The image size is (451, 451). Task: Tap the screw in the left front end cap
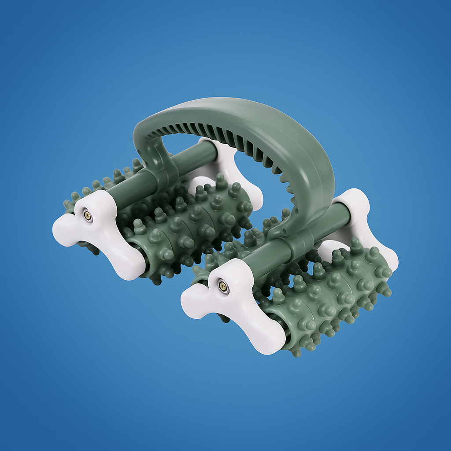click(88, 215)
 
